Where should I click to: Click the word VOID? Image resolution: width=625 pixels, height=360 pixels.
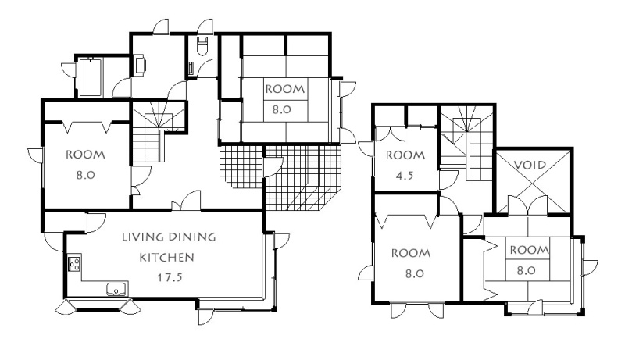[x=530, y=165]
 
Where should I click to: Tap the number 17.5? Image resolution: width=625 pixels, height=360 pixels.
[x=170, y=277]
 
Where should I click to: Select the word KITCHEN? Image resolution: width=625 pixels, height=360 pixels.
[x=166, y=257]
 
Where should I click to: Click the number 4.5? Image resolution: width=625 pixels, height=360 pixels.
[x=405, y=175]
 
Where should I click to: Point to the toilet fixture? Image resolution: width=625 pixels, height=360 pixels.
[x=202, y=45]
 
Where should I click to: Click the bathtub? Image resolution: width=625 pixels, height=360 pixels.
[x=90, y=77]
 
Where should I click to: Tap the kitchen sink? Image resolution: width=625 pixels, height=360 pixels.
[x=117, y=289]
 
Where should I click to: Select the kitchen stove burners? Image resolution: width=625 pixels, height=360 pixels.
[x=74, y=263]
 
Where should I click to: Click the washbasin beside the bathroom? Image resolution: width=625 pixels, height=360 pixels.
[x=141, y=66]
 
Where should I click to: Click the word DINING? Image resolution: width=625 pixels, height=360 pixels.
[x=191, y=237]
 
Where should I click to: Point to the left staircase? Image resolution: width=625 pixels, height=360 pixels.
[x=159, y=131]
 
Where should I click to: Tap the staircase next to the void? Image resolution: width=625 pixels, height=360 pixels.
[x=466, y=142]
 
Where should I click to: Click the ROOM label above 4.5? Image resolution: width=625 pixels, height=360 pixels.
[x=405, y=155]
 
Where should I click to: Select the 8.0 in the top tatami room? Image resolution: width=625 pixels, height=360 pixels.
[x=282, y=109]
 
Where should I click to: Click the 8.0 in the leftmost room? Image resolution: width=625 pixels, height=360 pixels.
[x=85, y=174]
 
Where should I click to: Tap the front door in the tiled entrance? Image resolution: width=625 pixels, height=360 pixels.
[x=272, y=167]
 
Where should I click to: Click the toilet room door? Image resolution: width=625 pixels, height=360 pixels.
[x=207, y=67]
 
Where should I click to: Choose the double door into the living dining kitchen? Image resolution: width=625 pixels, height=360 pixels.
[x=186, y=201]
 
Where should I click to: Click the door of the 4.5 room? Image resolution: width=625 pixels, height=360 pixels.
[x=448, y=180]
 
